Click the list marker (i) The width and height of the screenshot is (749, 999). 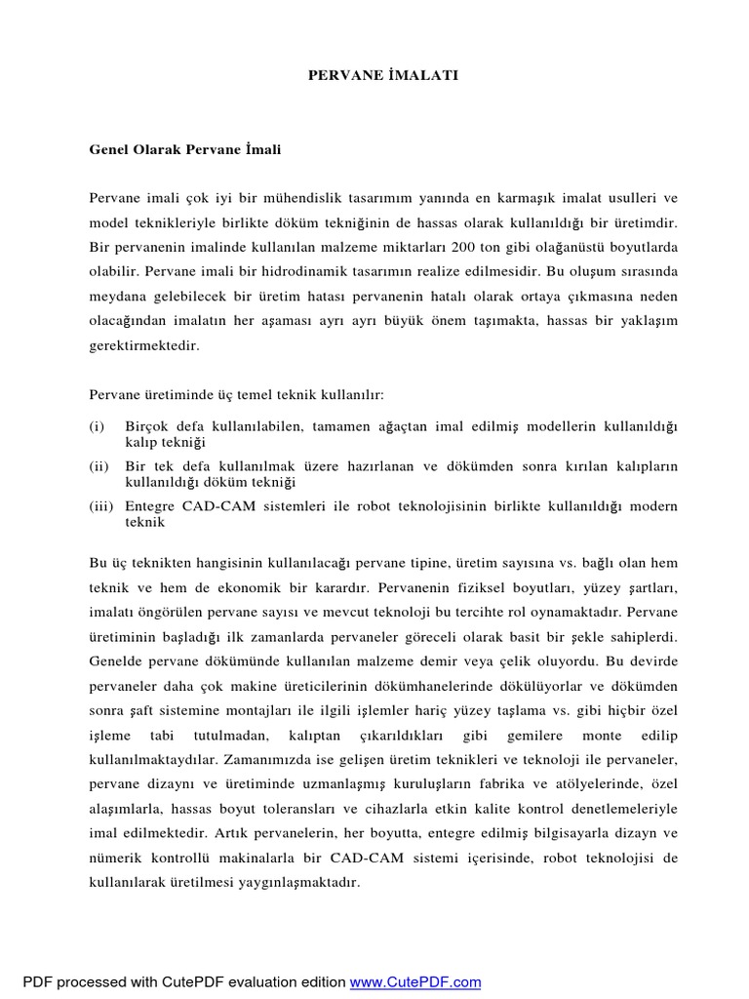[97, 427]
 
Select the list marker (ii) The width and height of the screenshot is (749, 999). [99, 467]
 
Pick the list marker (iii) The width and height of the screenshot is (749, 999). [100, 507]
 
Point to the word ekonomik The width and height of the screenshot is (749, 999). [258, 588]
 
